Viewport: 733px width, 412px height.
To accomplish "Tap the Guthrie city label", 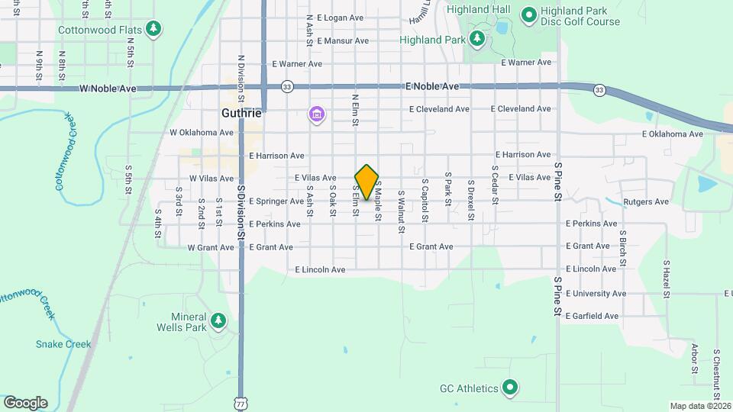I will [241, 112].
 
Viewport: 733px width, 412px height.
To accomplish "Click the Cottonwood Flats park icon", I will [155, 29].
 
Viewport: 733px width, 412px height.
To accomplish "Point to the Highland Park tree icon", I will [477, 37].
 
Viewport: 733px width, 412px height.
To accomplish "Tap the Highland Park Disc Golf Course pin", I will [528, 14].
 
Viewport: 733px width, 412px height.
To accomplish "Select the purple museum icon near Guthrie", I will [316, 115].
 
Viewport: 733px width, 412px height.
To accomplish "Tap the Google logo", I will [25, 402].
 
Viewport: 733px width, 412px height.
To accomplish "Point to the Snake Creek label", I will [63, 344].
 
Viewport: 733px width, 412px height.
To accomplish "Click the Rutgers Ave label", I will [646, 202].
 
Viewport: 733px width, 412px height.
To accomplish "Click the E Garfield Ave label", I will [592, 316].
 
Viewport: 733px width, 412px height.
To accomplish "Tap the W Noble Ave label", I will [108, 89].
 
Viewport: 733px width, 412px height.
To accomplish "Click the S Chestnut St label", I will [717, 374].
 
